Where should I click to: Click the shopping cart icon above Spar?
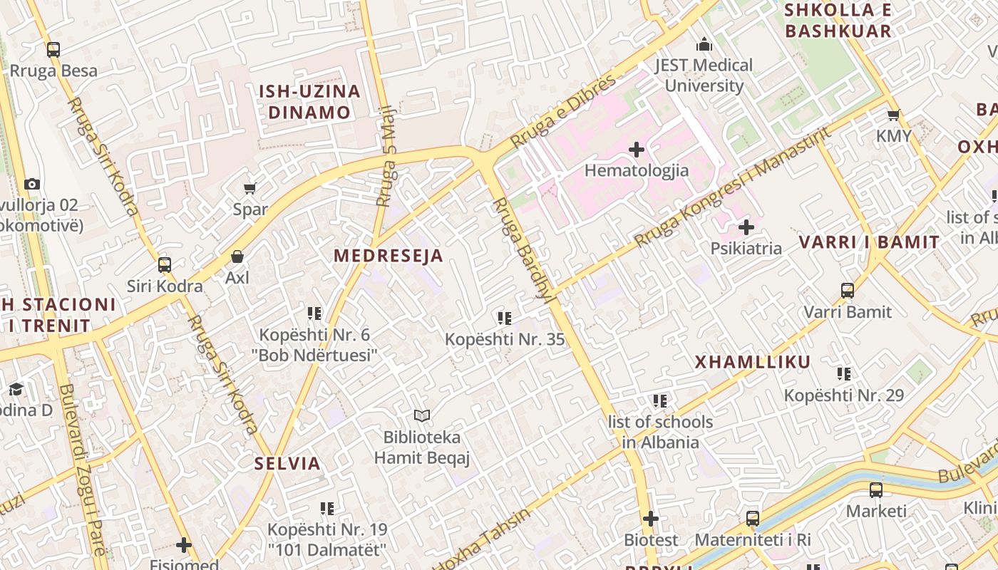point(249,188)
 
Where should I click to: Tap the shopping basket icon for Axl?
point(237,256)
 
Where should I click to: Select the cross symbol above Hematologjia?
point(637,150)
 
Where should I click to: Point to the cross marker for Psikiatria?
point(746,227)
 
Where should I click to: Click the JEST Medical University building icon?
point(704,44)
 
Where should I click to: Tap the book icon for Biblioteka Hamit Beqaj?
point(422,415)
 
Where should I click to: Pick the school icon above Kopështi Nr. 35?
point(505,318)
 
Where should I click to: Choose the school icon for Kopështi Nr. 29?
point(844,373)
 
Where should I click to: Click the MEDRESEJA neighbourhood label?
point(389,256)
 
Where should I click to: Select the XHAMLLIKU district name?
point(753,362)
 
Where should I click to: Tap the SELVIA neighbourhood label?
point(287,463)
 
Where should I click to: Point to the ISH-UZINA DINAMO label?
point(309,102)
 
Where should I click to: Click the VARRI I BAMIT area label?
point(869,242)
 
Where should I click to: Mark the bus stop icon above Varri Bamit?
point(848,291)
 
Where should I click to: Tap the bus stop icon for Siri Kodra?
point(165,265)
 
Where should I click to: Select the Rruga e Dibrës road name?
point(563,112)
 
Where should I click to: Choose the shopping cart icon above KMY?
point(893,115)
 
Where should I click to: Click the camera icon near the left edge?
point(31,184)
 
